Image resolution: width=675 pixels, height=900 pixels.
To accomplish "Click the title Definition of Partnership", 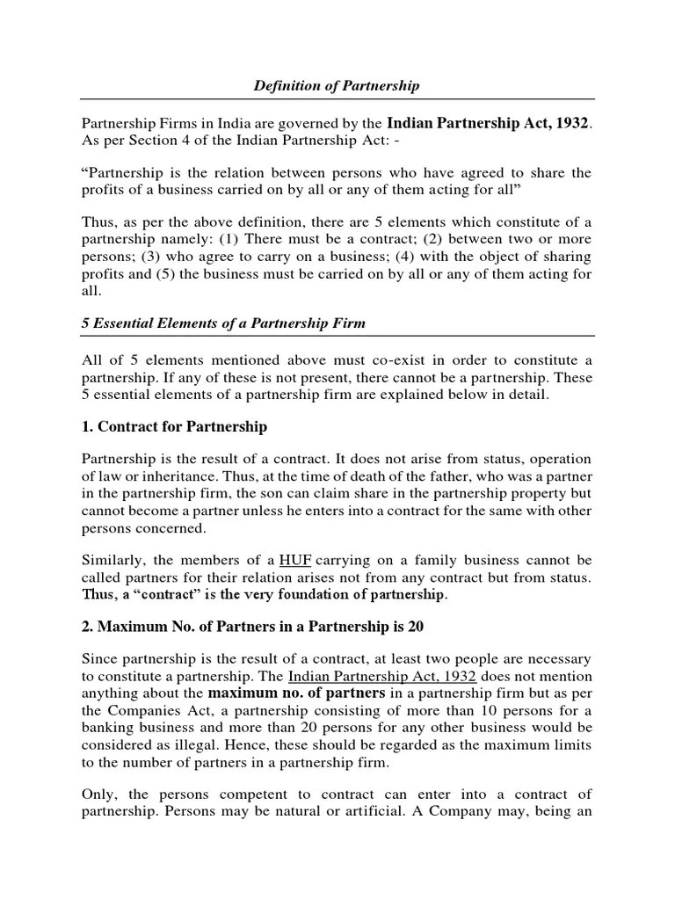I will click(x=337, y=86).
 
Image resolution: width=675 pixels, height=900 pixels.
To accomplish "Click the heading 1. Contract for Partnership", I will click(x=174, y=427).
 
